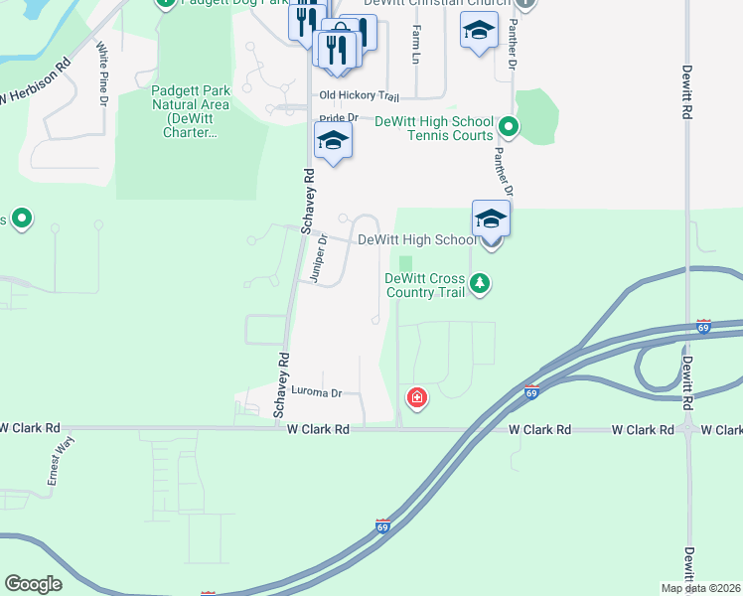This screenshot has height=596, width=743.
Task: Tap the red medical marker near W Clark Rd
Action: tap(417, 399)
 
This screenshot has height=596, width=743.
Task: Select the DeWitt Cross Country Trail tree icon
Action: tap(481, 285)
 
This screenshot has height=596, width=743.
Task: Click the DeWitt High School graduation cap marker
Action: tap(491, 220)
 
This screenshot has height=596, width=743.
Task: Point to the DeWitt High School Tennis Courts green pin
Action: tap(509, 127)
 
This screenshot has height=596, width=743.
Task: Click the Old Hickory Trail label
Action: tap(359, 96)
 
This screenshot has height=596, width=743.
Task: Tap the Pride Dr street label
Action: tap(339, 118)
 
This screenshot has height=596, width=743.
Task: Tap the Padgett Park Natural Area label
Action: tap(191, 111)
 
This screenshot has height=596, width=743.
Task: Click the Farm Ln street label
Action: tap(415, 45)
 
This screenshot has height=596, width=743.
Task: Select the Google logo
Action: tap(33, 584)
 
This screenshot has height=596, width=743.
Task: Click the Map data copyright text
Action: tap(701, 588)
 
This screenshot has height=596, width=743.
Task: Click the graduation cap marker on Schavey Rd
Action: tap(333, 141)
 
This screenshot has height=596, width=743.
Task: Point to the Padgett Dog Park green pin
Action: tap(165, 3)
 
